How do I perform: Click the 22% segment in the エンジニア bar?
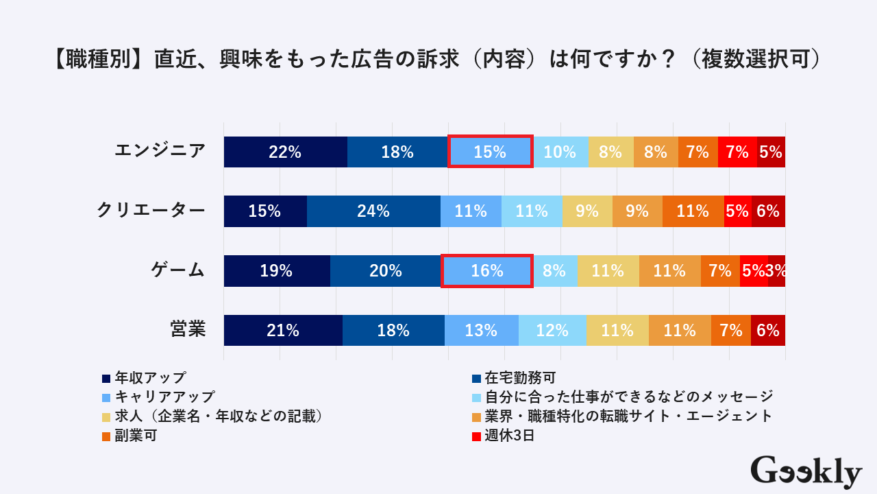pos(285,152)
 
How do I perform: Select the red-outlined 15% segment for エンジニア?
pos(490,152)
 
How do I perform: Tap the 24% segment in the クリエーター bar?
pos(373,211)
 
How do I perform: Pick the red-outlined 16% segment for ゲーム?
pos(487,271)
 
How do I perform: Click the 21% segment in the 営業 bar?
pos(283,330)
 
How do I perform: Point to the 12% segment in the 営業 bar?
pos(552,330)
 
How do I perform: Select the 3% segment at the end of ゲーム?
pos(777,271)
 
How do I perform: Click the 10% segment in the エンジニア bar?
pos(560,152)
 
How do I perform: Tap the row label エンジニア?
pos(160,151)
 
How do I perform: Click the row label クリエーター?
pos(151,211)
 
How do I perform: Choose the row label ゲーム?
pos(178,270)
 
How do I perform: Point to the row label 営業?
pos(188,329)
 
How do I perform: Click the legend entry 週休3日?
pos(508,435)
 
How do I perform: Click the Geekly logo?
pos(806,471)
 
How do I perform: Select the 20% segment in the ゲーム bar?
pos(385,271)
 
